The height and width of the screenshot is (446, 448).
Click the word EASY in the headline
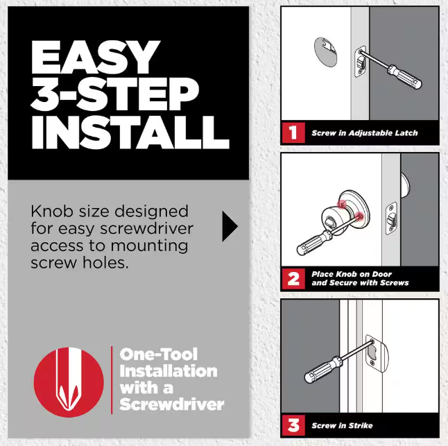[x=96, y=57]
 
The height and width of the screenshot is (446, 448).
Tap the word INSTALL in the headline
[x=130, y=132]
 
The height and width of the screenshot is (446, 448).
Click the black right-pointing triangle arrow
[x=230, y=226]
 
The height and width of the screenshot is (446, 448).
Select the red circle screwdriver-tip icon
[x=69, y=382]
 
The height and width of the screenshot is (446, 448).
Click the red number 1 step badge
[x=293, y=132]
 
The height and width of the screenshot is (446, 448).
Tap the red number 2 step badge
[x=293, y=279]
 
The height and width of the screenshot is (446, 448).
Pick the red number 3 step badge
[x=293, y=425]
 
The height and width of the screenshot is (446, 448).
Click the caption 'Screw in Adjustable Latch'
[x=365, y=133]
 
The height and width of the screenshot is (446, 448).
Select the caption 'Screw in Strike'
[x=342, y=425]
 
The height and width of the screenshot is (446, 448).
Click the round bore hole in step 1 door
[x=325, y=52]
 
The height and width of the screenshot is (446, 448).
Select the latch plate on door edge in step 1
[x=361, y=62]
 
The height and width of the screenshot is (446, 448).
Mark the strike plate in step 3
[x=377, y=354]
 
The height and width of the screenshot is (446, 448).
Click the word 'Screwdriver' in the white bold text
[x=172, y=404]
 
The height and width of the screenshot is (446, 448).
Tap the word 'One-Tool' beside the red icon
[x=159, y=354]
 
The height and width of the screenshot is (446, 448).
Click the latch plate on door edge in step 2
[x=391, y=218]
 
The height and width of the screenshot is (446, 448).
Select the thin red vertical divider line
[x=112, y=380]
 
